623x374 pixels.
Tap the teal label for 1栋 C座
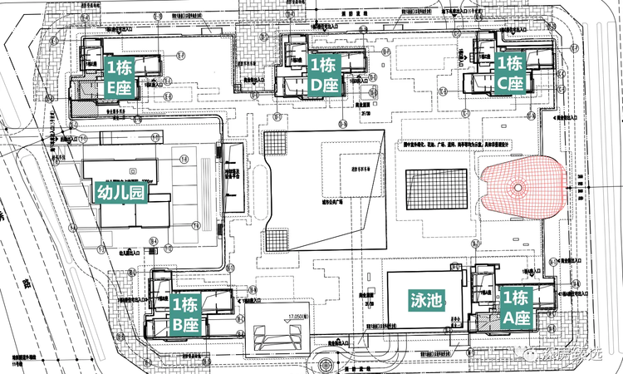(x=510, y=72)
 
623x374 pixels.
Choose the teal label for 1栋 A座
(x=516, y=306)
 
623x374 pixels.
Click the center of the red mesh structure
(x=521, y=188)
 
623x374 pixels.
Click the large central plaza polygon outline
(x=324, y=191)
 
